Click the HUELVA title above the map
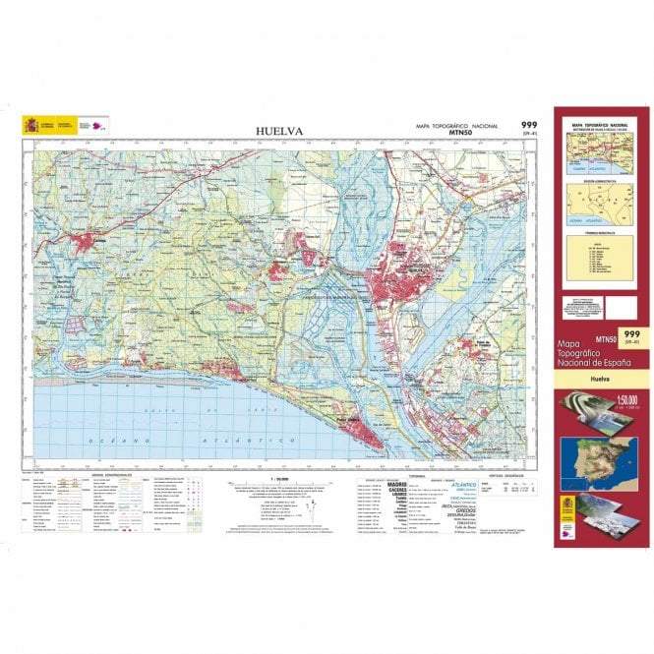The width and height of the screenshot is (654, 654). coord(279,131)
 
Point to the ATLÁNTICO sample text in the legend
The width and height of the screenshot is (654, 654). coord(463,485)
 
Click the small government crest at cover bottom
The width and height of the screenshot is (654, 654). coord(569,511)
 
